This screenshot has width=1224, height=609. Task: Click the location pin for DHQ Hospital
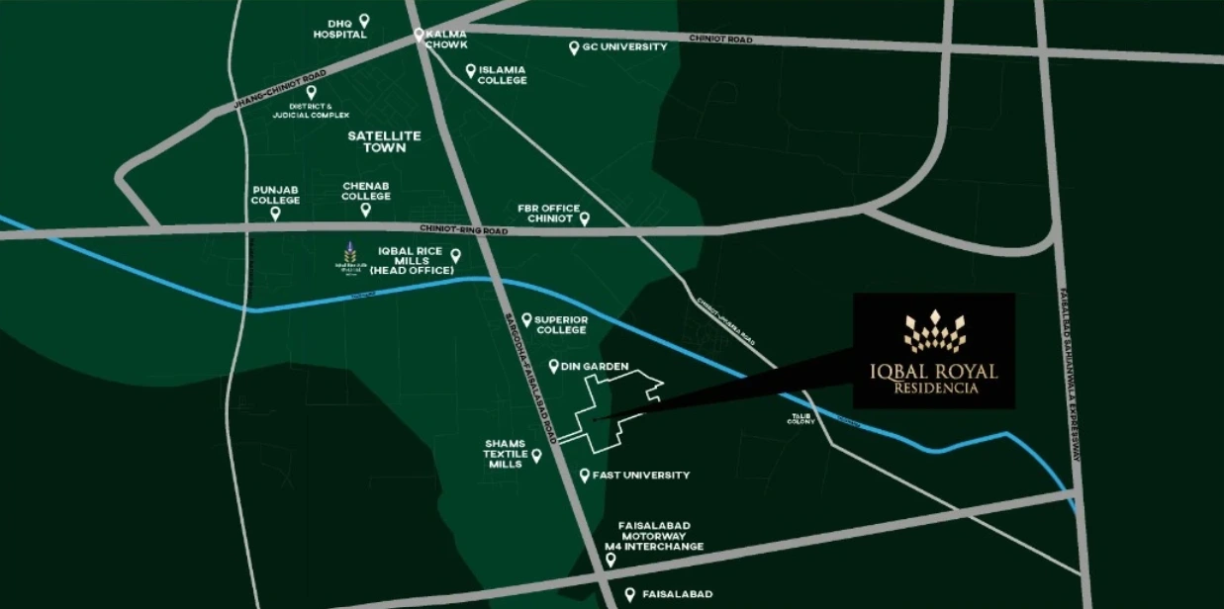click(364, 20)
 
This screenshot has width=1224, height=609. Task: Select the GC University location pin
click(574, 46)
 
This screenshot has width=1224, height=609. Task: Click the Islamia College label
click(502, 75)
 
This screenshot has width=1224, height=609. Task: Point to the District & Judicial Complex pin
click(311, 92)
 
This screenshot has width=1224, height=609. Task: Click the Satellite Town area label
click(385, 140)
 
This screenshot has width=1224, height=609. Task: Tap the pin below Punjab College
click(275, 213)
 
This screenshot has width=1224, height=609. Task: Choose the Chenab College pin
click(365, 209)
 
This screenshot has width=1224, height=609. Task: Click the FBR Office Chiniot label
click(548, 214)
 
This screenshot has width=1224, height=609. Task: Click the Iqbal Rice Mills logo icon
click(350, 256)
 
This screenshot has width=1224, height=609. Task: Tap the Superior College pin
click(527, 319)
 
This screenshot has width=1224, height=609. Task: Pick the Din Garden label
click(595, 367)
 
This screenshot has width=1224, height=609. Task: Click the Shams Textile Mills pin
click(536, 456)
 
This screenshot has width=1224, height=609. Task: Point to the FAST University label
click(640, 476)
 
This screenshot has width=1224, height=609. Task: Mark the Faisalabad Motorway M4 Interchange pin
click(611, 560)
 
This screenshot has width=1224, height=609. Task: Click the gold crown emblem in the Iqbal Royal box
click(935, 331)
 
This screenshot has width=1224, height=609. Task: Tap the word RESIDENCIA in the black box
click(935, 389)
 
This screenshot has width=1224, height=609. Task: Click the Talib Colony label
click(800, 419)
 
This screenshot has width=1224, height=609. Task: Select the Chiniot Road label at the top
click(721, 40)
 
